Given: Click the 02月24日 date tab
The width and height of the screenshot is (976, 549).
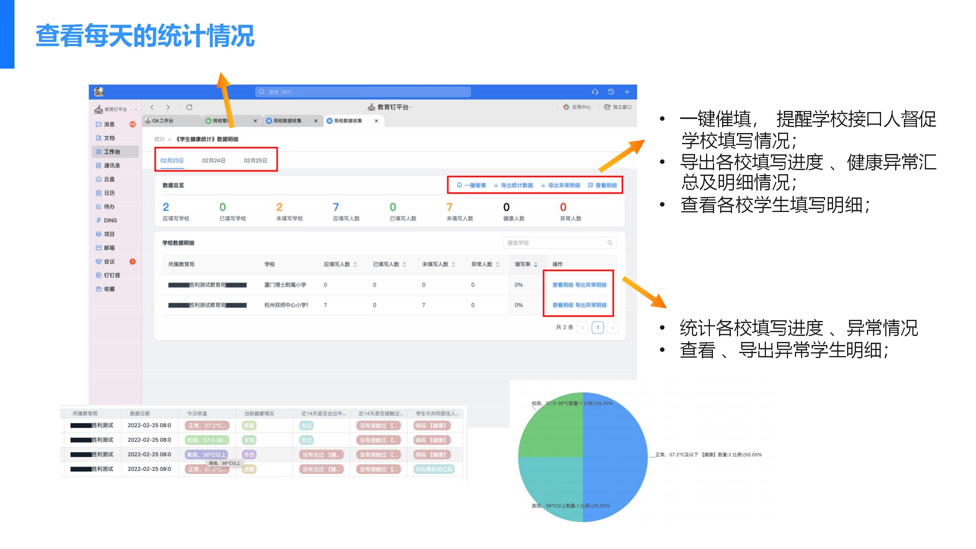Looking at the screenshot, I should pyautogui.click(x=213, y=161).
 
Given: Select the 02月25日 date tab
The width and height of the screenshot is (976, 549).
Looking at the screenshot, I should pyautogui.click(x=255, y=161).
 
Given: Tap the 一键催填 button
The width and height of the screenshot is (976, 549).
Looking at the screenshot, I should pyautogui.click(x=471, y=185).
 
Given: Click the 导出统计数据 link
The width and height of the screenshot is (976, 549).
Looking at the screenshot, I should pyautogui.click(x=514, y=185).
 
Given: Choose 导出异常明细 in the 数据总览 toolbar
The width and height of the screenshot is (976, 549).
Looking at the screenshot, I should pyautogui.click(x=561, y=185).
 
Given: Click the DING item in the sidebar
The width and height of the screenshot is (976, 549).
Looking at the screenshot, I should pyautogui.click(x=110, y=220).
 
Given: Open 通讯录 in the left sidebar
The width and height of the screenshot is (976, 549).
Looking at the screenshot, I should pyautogui.click(x=112, y=165).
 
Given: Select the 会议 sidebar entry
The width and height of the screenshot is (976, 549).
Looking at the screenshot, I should pyautogui.click(x=109, y=262).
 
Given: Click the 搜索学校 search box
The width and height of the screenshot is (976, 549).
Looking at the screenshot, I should pyautogui.click(x=557, y=243).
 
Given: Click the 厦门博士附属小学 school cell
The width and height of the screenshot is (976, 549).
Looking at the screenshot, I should pyautogui.click(x=285, y=285).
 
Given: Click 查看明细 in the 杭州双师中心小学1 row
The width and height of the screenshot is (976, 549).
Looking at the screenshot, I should pyautogui.click(x=563, y=305).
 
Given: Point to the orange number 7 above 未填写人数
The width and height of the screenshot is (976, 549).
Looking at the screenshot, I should pyautogui.click(x=449, y=207).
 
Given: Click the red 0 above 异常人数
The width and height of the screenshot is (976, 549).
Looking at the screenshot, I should pyautogui.click(x=563, y=207).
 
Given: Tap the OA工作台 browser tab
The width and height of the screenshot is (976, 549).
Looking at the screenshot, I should pyautogui.click(x=163, y=121).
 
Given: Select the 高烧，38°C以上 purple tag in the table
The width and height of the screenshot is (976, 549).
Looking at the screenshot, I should pyautogui.click(x=206, y=454).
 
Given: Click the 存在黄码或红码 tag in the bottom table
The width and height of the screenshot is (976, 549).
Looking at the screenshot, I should pyautogui.click(x=434, y=469).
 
